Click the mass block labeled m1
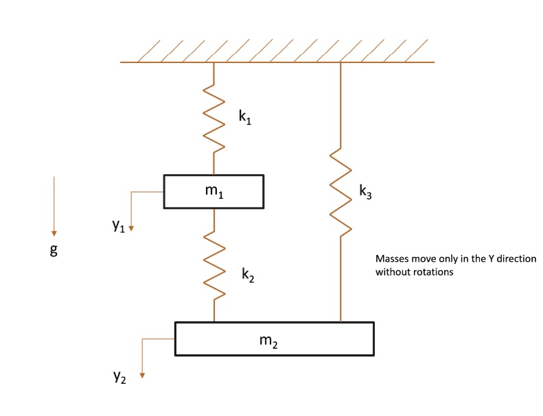point(213,191)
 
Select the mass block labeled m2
point(275,339)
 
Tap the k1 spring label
point(245,117)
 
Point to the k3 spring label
point(366,192)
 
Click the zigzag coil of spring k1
point(214,117)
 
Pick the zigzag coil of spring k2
point(215,265)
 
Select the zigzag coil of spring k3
point(340,192)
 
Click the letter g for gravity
point(54,250)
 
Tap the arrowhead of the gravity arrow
point(54,233)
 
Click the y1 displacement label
point(119,227)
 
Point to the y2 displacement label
point(119,378)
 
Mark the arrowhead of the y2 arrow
point(142,374)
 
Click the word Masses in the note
point(392,259)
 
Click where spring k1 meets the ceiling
point(214,63)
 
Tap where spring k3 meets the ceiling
point(340,63)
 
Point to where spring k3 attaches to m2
point(340,321)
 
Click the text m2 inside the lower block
point(269,340)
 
